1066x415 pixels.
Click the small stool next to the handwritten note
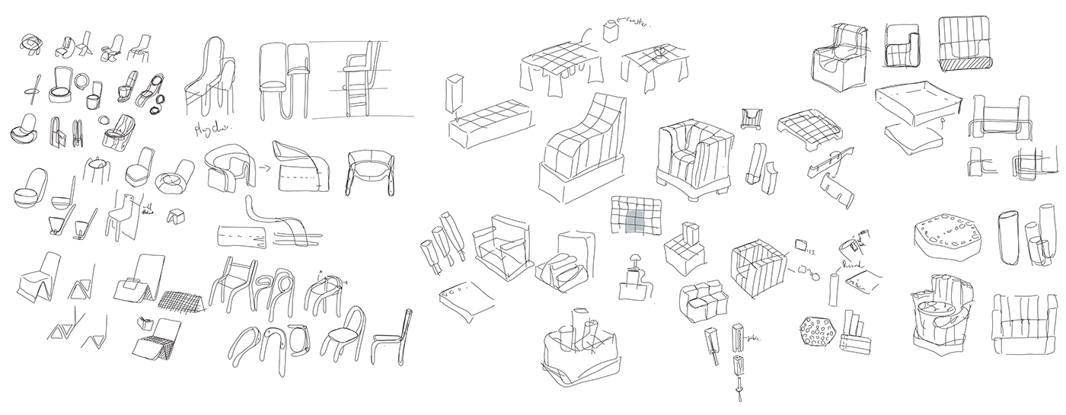coord(178,215)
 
